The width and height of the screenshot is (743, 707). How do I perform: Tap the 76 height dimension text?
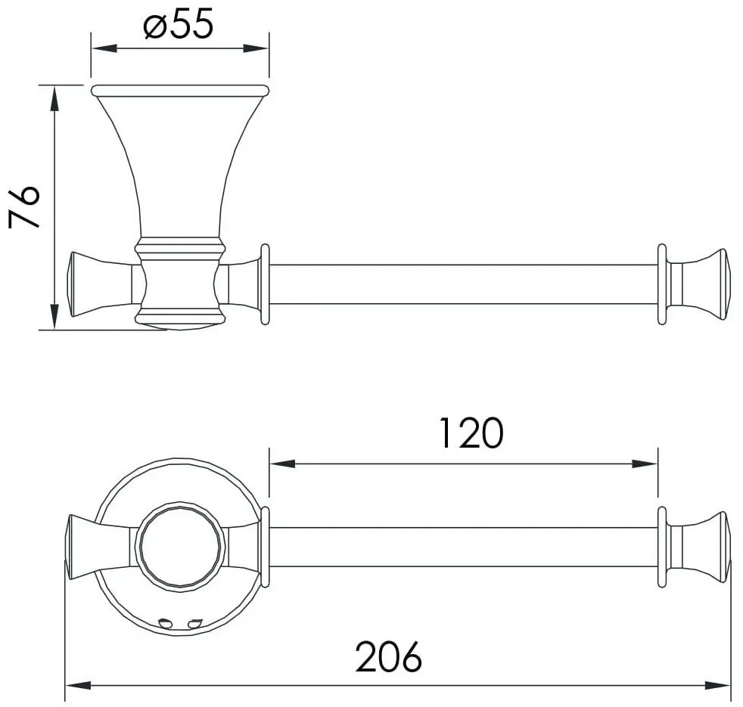pyautogui.click(x=23, y=207)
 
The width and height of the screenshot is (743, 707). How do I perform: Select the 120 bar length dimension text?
pyautogui.click(x=471, y=433)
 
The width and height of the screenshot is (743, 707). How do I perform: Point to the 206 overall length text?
pyautogui.click(x=389, y=656)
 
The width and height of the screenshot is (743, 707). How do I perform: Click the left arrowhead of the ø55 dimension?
pyautogui.click(x=104, y=48)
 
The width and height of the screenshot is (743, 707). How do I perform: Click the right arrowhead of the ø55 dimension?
pyautogui.click(x=256, y=48)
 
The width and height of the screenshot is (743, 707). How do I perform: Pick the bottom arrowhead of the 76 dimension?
pyautogui.click(x=54, y=317)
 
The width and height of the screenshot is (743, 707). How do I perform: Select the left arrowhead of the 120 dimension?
pyautogui.click(x=282, y=464)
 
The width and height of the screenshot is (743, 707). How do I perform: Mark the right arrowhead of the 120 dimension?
pyautogui.click(x=645, y=464)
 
